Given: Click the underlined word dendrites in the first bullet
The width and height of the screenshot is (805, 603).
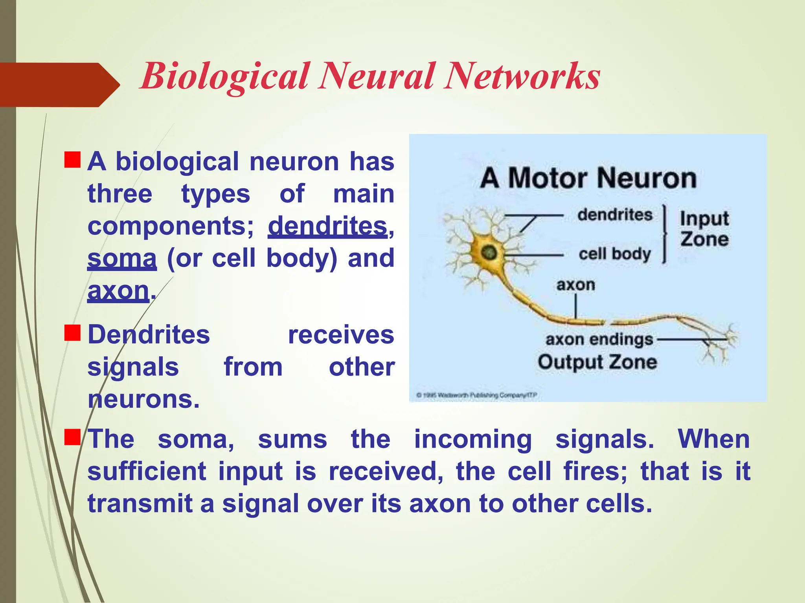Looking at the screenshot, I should coord(327,227).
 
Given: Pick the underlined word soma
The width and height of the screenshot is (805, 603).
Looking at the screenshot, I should coord(122,259).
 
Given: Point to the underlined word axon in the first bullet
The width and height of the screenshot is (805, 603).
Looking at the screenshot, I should coord(118,291).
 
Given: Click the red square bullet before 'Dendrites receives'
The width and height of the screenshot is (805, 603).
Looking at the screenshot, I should coord(72,333).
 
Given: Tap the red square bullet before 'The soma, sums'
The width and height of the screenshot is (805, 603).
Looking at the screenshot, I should coord(72,437).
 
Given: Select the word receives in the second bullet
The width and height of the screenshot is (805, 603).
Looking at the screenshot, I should coord(341,335).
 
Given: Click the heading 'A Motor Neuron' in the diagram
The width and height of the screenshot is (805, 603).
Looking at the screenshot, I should coord(588,178).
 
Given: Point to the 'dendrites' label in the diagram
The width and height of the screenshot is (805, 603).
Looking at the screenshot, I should coord(615,215).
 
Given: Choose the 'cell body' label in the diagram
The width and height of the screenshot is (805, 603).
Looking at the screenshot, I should coord(615,254).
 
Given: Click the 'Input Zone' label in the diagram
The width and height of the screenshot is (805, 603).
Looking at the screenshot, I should coord(704,228).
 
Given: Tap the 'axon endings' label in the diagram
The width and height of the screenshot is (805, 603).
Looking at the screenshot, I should coord(599,339).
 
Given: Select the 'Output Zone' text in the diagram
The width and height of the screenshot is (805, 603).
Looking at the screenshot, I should coord(597,362).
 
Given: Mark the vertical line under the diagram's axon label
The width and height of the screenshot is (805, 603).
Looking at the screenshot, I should coord(576,306).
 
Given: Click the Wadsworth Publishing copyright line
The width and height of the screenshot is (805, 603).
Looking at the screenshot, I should coord(476,395).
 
